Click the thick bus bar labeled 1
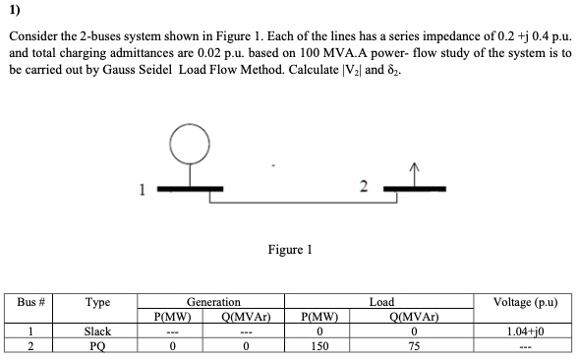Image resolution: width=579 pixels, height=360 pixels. coord(191,185)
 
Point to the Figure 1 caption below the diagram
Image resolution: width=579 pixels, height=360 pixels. coord(289,251)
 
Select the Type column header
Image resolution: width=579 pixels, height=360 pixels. coord(97,303)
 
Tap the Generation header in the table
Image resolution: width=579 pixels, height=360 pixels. coord(212,303)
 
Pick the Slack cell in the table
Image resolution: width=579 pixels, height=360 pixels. coord(97,332)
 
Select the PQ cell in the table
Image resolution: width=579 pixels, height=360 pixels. coord(97,346)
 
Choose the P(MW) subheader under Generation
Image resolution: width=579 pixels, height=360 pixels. coord(172,318)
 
